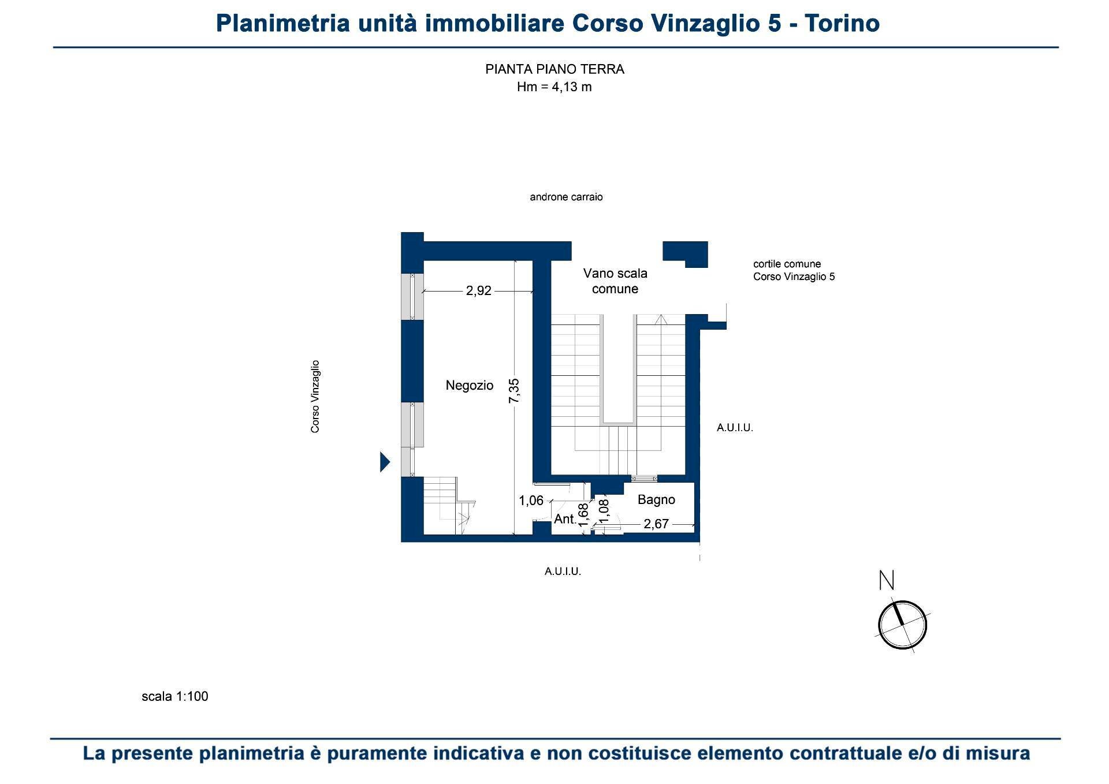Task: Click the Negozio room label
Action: click(x=469, y=385)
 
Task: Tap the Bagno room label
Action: click(x=656, y=499)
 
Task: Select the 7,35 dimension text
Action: click(x=514, y=391)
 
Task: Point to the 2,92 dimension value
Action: click(x=478, y=290)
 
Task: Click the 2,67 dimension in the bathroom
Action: click(x=656, y=524)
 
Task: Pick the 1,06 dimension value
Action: click(x=531, y=501)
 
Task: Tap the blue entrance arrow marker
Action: click(x=385, y=462)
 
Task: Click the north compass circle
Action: click(x=902, y=625)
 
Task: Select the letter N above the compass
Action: click(x=886, y=580)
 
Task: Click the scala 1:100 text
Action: click(x=174, y=696)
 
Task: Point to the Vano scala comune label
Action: click(x=615, y=281)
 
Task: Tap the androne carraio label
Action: click(x=566, y=197)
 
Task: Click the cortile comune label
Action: click(x=787, y=264)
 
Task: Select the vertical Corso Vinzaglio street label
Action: click(x=315, y=397)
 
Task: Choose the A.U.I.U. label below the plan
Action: click(x=563, y=572)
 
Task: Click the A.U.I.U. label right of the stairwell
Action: click(x=735, y=428)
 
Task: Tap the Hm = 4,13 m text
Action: click(x=554, y=87)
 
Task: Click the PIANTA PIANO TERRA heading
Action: click(x=554, y=69)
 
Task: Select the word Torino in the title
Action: click(x=842, y=24)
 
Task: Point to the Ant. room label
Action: click(x=565, y=519)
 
